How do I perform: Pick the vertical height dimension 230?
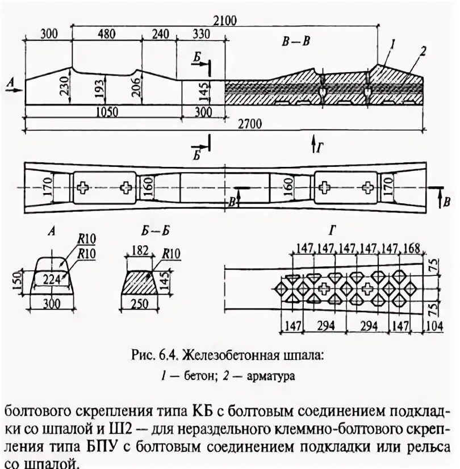[64, 86]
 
